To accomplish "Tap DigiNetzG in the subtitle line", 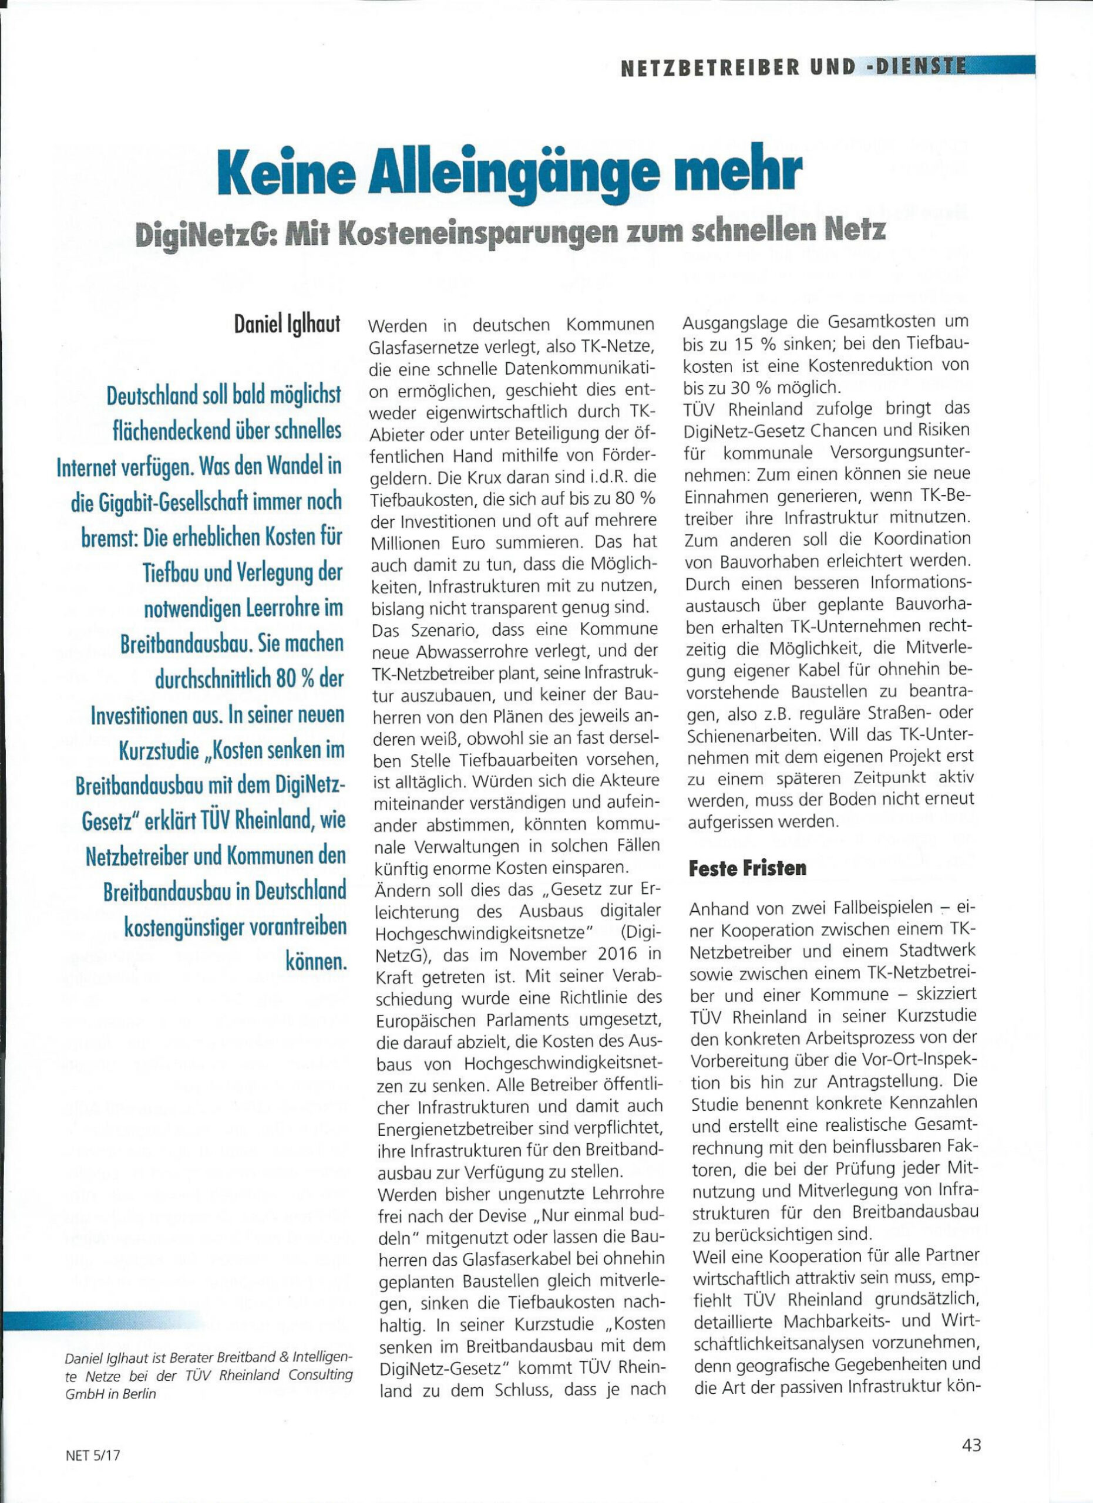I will pos(201,231).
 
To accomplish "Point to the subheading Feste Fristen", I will pos(748,868).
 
